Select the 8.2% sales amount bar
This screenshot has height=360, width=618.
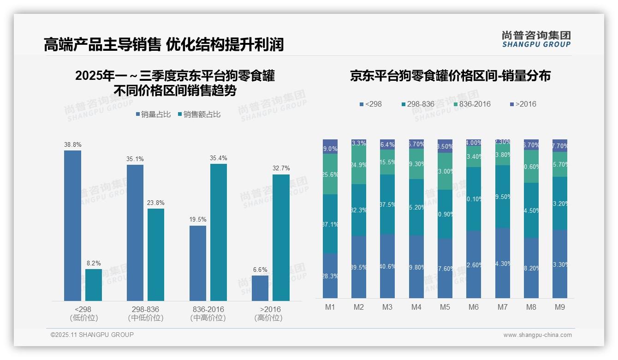94,285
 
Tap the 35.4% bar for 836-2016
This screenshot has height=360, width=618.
219,232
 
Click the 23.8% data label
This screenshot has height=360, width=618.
156,203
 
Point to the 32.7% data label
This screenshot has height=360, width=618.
281,168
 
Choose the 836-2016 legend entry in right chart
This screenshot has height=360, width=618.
472,104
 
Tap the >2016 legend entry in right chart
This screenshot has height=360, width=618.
523,104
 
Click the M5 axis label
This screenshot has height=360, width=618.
445,307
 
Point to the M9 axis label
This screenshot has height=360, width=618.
559,307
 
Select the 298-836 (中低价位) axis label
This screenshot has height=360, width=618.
145,313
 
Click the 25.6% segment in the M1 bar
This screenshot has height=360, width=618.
330,174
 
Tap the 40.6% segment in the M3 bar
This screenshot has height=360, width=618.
387,266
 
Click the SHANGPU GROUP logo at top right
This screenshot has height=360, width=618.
536,39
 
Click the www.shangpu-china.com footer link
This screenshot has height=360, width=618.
537,335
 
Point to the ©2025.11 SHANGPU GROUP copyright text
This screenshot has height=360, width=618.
92,335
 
